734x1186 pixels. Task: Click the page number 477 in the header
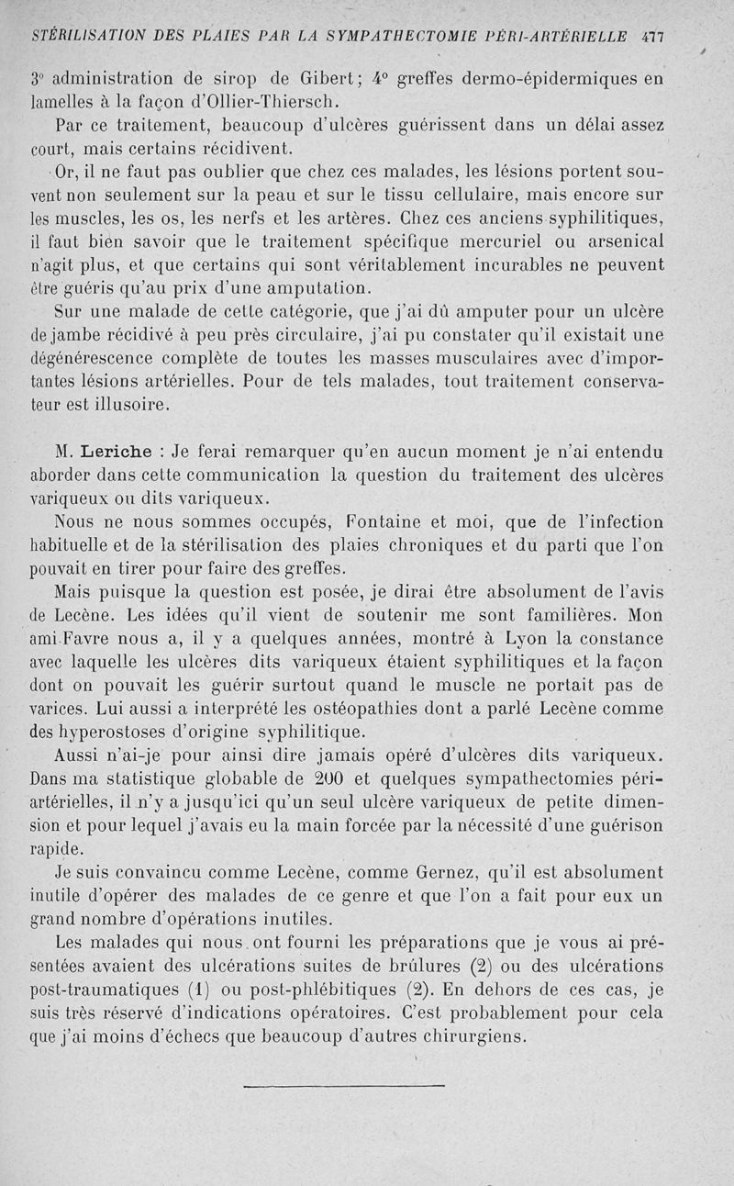tap(653, 37)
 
